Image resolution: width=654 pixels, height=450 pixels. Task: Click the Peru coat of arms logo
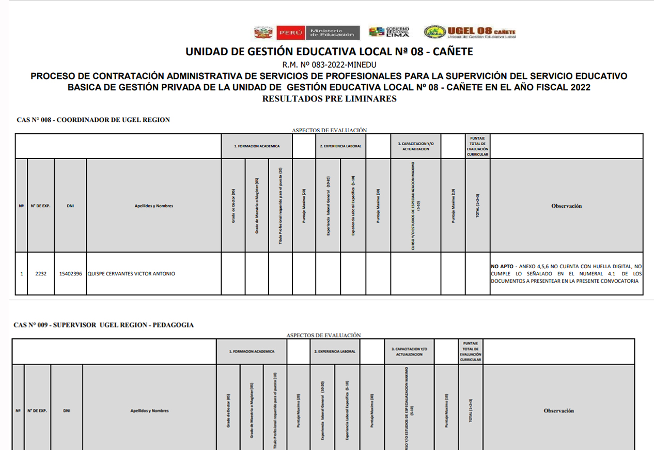(x=263, y=33)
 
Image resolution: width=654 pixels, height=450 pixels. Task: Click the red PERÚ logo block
(x=290, y=33)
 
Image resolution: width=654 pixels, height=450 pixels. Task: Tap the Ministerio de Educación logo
(x=332, y=33)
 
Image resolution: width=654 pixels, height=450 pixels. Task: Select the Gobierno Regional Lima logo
(x=389, y=32)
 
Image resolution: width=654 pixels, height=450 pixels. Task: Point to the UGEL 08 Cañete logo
(x=470, y=32)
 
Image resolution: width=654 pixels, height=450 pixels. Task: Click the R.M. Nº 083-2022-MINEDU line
(x=329, y=65)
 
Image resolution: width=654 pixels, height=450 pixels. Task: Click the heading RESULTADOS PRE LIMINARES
(x=329, y=99)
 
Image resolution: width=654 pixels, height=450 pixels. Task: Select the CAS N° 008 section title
(x=93, y=120)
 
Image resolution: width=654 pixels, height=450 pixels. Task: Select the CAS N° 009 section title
(x=104, y=325)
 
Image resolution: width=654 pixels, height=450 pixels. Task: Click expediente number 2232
(x=41, y=274)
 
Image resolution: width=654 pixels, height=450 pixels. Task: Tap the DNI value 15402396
(x=70, y=274)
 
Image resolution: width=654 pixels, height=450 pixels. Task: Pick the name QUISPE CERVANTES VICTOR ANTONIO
(x=131, y=274)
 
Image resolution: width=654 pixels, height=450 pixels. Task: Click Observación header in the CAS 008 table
(x=566, y=206)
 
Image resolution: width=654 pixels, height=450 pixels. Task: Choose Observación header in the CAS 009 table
(x=558, y=411)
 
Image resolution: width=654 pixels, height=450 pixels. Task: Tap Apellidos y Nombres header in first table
(x=153, y=206)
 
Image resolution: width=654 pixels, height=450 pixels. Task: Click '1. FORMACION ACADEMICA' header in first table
(x=257, y=146)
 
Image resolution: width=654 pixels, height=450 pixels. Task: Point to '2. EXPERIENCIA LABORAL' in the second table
(x=334, y=351)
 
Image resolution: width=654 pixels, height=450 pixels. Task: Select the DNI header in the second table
(x=67, y=411)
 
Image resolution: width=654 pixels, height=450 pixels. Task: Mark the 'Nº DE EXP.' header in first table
(x=41, y=206)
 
